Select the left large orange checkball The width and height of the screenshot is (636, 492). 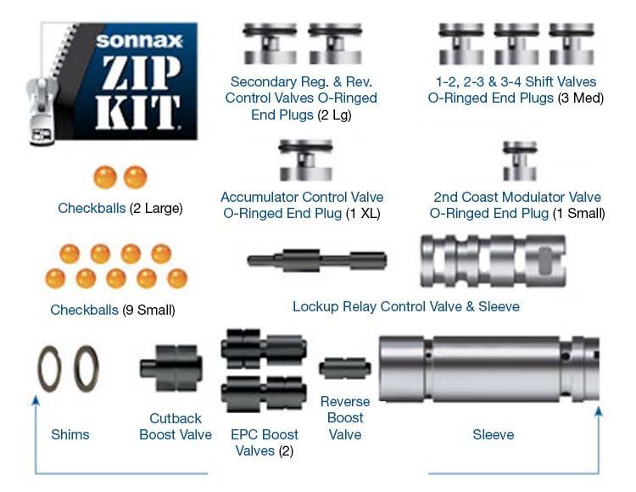pyautogui.click(x=105, y=177)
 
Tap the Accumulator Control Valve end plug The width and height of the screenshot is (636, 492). pyautogui.click(x=305, y=161)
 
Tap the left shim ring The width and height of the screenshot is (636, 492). pyautogui.click(x=48, y=369)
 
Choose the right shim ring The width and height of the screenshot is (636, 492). pyautogui.click(x=86, y=369)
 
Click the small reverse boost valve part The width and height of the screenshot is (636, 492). pyautogui.click(x=345, y=369)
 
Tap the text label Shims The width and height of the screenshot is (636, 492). pyautogui.click(x=70, y=434)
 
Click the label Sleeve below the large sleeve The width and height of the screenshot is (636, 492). pyautogui.click(x=493, y=434)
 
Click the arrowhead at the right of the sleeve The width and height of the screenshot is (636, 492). pyautogui.click(x=598, y=411)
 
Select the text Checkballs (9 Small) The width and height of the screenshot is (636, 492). pyautogui.click(x=113, y=310)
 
